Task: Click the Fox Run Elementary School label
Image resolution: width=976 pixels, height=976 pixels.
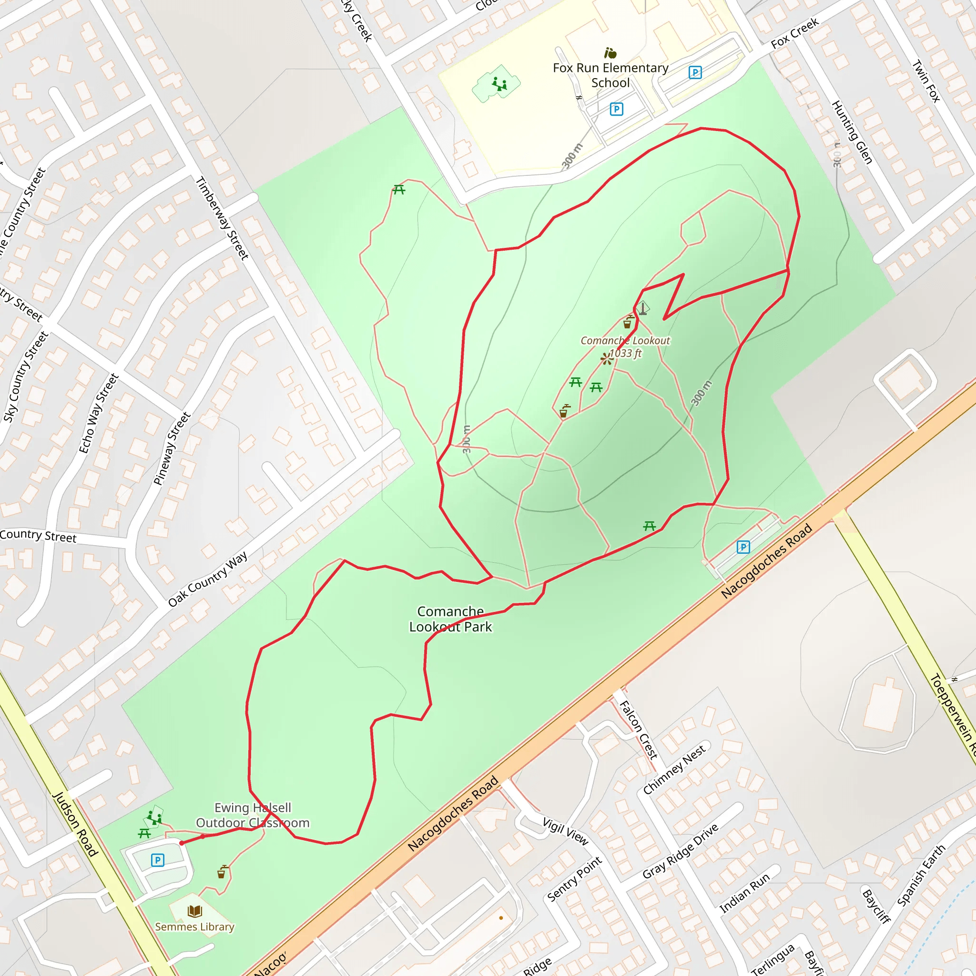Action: pyautogui.click(x=610, y=75)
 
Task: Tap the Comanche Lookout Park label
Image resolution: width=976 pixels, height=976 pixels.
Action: pyautogui.click(x=450, y=619)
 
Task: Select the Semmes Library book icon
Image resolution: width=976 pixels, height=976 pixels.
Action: pyautogui.click(x=194, y=911)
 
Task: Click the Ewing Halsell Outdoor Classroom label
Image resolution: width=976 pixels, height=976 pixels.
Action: pyautogui.click(x=253, y=815)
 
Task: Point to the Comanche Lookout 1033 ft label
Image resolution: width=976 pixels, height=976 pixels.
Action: pyautogui.click(x=625, y=346)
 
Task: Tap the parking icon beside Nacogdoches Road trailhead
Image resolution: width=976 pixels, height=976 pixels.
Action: pyautogui.click(x=743, y=547)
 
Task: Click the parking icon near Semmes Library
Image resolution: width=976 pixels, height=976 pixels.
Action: pyautogui.click(x=158, y=860)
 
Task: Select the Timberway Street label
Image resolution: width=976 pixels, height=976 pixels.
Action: pyautogui.click(x=222, y=218)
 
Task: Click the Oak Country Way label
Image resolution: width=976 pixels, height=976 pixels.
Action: pyautogui.click(x=208, y=579)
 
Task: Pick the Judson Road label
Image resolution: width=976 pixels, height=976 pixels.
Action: pyautogui.click(x=75, y=824)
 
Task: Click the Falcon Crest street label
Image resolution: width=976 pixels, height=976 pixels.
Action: pyautogui.click(x=639, y=730)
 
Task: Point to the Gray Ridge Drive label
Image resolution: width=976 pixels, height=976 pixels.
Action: pyautogui.click(x=680, y=851)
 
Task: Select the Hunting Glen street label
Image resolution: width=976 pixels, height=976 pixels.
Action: pyautogui.click(x=852, y=132)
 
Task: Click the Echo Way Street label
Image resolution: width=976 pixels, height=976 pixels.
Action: pyautogui.click(x=99, y=413)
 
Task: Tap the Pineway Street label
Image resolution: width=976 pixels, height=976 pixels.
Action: pyautogui.click(x=172, y=448)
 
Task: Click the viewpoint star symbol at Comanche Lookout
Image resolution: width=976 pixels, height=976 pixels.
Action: pyautogui.click(x=607, y=359)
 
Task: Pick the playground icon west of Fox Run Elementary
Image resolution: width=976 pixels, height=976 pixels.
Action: pyautogui.click(x=499, y=83)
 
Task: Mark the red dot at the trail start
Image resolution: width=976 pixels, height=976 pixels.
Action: pyautogui.click(x=182, y=843)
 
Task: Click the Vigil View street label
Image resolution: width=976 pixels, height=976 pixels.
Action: pyautogui.click(x=565, y=832)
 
